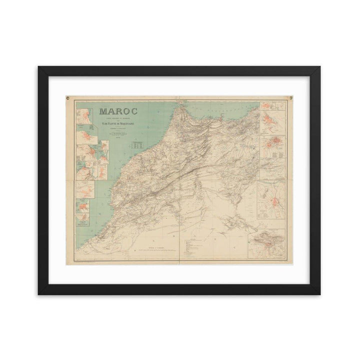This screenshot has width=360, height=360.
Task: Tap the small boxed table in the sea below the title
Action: coord(138,146)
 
